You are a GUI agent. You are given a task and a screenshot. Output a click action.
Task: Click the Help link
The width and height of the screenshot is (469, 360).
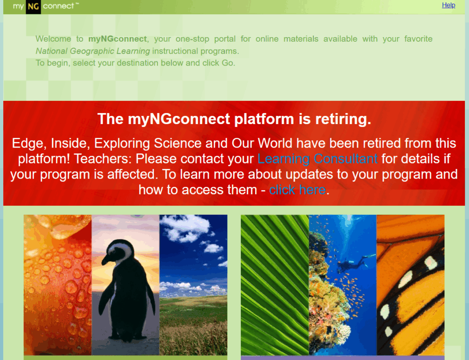click(448, 5)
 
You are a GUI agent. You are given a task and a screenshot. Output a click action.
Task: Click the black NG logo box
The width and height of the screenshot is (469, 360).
click(33, 6)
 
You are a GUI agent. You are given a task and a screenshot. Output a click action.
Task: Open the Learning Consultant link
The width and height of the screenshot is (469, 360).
click(317, 159)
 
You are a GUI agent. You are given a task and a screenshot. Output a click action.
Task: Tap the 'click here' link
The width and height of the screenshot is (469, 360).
click(297, 190)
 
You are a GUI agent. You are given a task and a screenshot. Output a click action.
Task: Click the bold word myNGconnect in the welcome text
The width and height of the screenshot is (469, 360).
click(118, 39)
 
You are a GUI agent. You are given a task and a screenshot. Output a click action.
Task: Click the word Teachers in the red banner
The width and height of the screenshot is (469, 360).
click(103, 159)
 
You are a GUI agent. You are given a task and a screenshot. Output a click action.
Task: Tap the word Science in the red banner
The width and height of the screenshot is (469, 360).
click(178, 143)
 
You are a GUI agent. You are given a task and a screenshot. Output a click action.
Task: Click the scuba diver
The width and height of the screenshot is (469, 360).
click(356, 263)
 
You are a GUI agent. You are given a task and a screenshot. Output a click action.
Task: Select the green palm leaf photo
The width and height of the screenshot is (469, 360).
click(275, 285)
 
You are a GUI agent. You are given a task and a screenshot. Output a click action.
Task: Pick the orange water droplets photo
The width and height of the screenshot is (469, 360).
click(57, 285)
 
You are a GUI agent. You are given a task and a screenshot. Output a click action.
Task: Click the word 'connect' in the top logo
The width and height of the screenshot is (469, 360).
click(58, 6)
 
